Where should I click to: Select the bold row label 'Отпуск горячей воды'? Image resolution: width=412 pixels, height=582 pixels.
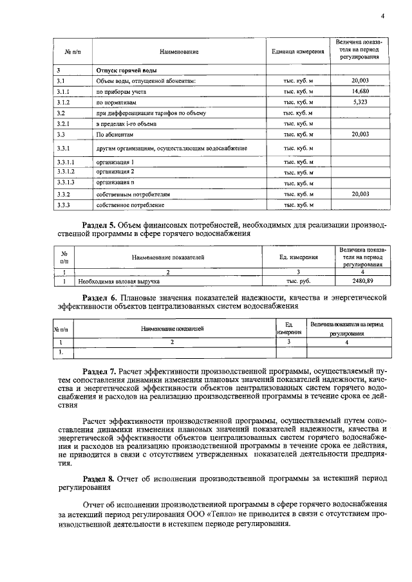coord(127,70)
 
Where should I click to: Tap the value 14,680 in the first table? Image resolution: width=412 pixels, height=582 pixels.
coord(360,91)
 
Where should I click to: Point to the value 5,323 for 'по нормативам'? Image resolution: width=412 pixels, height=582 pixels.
coord(360,102)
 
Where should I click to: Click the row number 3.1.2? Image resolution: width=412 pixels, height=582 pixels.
coord(63,102)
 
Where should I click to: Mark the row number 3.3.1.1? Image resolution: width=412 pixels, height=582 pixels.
coord(66,162)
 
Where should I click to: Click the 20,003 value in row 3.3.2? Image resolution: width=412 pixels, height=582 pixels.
coord(360,194)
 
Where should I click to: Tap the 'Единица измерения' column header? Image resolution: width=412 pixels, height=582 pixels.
coord(297,51)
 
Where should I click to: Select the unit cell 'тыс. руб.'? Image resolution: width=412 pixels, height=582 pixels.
coord(298,281)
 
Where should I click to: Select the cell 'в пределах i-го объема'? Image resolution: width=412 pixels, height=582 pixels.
coord(126,123)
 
